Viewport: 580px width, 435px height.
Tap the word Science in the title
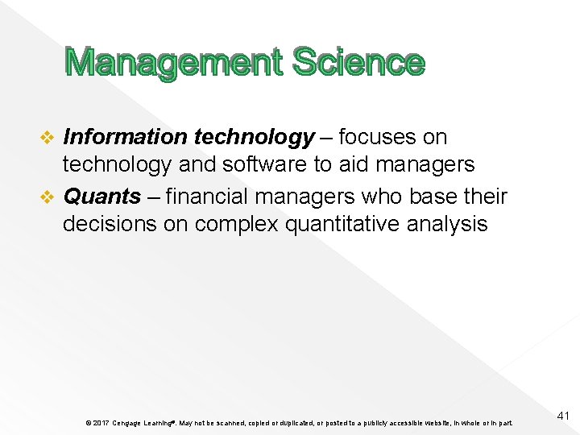(358, 63)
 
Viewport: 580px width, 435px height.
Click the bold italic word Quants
(101, 196)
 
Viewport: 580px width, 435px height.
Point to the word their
(485, 196)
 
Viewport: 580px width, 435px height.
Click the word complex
(234, 223)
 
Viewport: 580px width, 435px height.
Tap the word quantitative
(344, 223)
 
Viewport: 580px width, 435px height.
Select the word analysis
(447, 223)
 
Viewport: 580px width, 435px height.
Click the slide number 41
(563, 416)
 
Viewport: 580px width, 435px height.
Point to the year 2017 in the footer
(99, 423)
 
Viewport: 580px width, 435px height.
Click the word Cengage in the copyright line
(127, 423)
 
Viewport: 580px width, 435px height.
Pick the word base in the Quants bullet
(432, 196)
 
